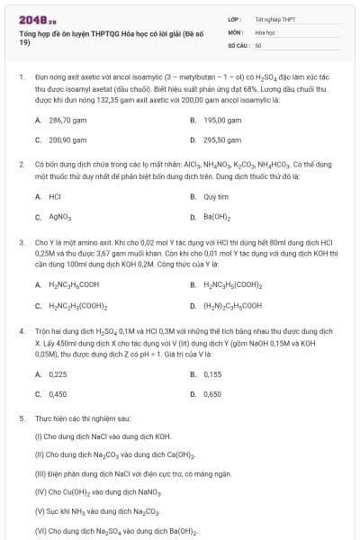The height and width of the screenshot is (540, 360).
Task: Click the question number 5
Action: point(21,419)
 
